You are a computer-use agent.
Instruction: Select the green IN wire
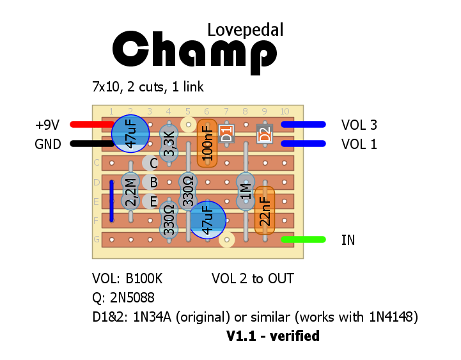point(304,240)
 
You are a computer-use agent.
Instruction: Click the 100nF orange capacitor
point(207,143)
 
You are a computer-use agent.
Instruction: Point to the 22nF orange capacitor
point(264,210)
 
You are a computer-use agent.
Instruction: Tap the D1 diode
point(226,134)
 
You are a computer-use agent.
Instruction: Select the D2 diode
point(264,134)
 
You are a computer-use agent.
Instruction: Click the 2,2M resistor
point(130,192)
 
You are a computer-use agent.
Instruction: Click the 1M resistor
point(246,191)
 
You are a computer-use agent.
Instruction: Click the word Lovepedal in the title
point(245,29)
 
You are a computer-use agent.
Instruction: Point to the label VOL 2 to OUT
point(253,279)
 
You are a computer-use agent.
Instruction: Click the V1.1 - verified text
point(273,336)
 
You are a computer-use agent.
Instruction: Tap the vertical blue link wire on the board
point(111,201)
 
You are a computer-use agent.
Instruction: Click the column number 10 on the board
point(284,111)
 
